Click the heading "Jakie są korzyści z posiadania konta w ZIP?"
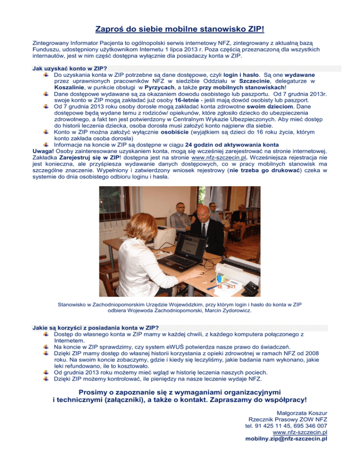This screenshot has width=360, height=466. pyautogui.click(x=94, y=327)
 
